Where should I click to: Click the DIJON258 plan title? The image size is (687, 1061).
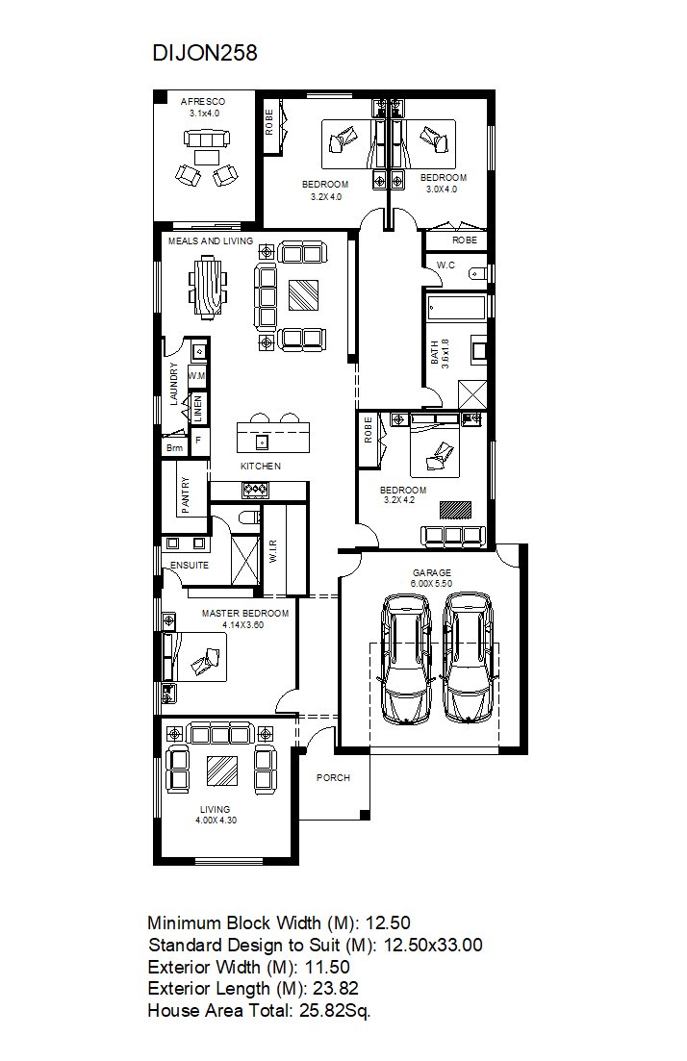(205, 53)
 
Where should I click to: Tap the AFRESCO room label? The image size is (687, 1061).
(203, 102)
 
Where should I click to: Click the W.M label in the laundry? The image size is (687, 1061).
(197, 375)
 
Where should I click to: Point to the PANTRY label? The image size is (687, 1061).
(186, 494)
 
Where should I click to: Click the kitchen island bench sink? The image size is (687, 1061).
(262, 442)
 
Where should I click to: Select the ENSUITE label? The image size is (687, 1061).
(190, 565)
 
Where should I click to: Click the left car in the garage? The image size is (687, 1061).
(405, 658)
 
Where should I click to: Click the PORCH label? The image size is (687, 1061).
(334, 778)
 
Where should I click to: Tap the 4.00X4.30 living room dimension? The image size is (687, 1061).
(216, 821)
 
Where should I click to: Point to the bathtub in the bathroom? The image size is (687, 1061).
(457, 309)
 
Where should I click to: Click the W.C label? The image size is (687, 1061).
(445, 265)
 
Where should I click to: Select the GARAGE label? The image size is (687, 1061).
(432, 572)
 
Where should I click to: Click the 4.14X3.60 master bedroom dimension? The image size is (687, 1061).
(243, 624)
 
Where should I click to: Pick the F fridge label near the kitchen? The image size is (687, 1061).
(199, 440)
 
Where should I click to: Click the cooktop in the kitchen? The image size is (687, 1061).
(256, 490)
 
